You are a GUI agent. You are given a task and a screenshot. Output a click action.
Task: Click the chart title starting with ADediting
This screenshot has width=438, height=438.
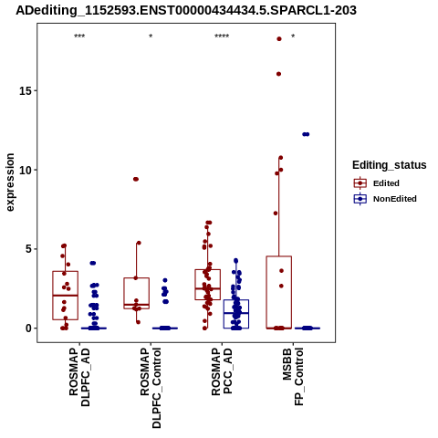(x=186, y=11)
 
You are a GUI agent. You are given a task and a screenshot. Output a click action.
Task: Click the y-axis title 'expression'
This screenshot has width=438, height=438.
(x=10, y=182)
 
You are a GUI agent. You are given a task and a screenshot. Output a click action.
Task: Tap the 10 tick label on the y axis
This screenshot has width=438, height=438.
(x=26, y=170)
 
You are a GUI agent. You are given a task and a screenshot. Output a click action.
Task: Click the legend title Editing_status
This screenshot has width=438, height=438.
(x=390, y=165)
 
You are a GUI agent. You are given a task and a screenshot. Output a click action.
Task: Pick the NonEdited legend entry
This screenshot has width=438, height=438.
(x=385, y=199)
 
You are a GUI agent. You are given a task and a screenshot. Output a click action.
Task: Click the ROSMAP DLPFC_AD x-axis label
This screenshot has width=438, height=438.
(x=79, y=377)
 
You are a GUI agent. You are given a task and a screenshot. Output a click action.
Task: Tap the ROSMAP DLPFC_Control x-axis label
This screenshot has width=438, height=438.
(x=151, y=388)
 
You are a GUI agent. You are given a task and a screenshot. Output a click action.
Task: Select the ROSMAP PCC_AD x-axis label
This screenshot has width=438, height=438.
(x=222, y=371)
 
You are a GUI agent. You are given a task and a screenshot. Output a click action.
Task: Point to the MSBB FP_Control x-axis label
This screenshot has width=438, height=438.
(x=293, y=377)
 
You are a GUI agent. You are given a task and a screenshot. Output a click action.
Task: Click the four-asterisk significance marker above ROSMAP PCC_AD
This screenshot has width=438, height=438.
(x=222, y=36)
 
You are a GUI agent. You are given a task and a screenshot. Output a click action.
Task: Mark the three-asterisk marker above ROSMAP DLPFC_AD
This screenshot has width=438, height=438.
(x=79, y=36)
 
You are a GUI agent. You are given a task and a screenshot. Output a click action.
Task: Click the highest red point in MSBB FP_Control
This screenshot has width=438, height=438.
(x=279, y=39)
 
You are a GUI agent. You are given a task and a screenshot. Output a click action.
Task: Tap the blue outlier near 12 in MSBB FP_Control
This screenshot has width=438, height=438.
(x=306, y=134)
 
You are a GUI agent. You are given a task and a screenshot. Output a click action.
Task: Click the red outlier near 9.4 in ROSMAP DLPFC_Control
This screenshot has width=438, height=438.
(x=136, y=179)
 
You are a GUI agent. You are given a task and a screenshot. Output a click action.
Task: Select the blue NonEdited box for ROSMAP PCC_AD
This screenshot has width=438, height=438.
(x=236, y=314)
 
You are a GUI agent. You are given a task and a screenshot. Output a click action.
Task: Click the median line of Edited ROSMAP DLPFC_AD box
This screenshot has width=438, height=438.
(x=66, y=296)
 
